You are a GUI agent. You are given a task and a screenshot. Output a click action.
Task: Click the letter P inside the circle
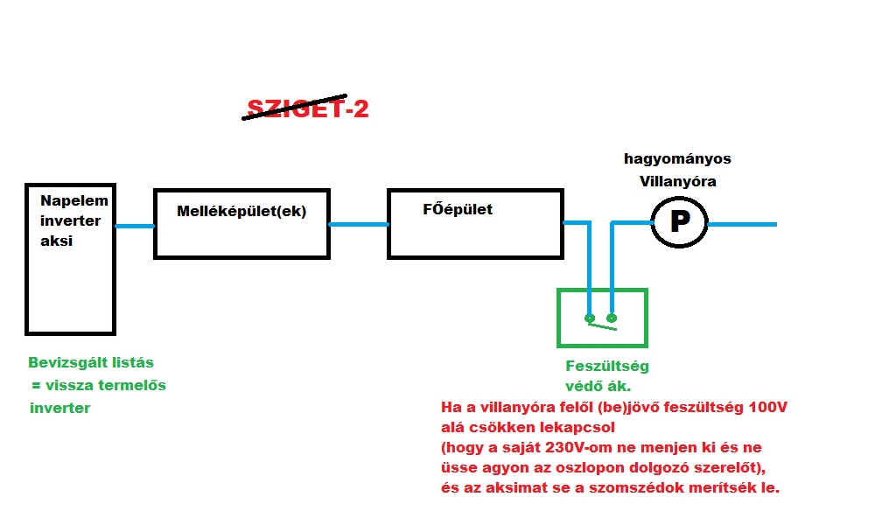pyautogui.click(x=679, y=222)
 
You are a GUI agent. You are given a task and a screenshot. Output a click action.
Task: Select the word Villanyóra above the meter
pyautogui.click(x=677, y=181)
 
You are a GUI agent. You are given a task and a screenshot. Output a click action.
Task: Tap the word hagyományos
pyautogui.click(x=677, y=159)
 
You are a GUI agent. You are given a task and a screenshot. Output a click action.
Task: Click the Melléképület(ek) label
pyautogui.click(x=241, y=211)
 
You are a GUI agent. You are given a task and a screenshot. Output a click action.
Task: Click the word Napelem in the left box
pyautogui.click(x=74, y=201)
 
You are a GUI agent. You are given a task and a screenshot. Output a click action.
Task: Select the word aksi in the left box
pyautogui.click(x=56, y=241)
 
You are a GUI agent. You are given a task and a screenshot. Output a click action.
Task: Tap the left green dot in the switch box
pyautogui.click(x=590, y=318)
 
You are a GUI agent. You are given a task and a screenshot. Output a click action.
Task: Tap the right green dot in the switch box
pyautogui.click(x=612, y=318)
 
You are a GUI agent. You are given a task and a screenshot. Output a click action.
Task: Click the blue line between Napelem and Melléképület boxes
pyautogui.click(x=135, y=226)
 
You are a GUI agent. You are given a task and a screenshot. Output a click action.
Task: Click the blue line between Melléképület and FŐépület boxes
pyautogui.click(x=359, y=224)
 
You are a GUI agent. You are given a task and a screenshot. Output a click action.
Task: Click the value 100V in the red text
pyautogui.click(x=769, y=409)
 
